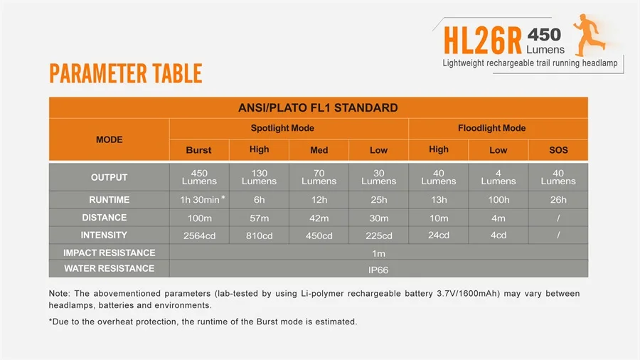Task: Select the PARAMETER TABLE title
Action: tap(126, 73)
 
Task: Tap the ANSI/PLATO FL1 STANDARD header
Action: tap(317, 108)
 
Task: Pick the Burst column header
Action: tap(198, 150)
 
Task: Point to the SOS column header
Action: tap(558, 150)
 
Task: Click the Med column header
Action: tap(319, 150)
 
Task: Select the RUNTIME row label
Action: tap(109, 200)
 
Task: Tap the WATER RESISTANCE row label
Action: tap(109, 268)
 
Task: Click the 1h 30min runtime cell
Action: tap(200, 200)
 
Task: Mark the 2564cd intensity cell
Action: tap(198, 235)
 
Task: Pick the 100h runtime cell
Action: tap(498, 200)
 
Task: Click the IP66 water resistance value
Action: tap(378, 270)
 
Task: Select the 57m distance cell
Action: tap(259, 218)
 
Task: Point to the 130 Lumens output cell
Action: tap(259, 177)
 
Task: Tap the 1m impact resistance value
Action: tap(378, 253)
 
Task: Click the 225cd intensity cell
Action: tap(378, 235)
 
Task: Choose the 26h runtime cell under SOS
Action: tap(558, 200)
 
